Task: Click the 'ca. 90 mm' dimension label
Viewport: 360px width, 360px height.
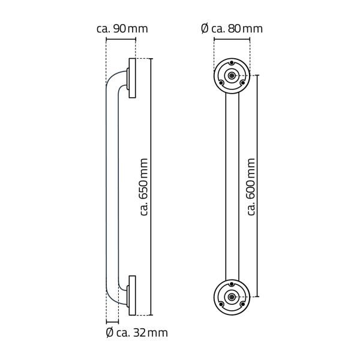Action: [122, 28]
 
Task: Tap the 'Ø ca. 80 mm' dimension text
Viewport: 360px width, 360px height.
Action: [232, 28]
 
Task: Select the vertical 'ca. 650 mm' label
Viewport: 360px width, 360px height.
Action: [144, 187]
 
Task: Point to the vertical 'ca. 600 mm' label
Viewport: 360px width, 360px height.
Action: [251, 187]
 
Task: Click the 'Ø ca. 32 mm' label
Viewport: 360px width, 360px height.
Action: [136, 332]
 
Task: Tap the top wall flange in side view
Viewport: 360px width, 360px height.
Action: [132, 78]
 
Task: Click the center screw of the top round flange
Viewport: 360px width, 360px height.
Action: [232, 76]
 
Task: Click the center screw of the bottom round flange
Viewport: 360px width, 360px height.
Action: [232, 296]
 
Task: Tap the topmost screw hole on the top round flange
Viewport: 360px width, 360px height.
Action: [232, 63]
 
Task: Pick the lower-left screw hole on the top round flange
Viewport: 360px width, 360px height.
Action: [220, 83]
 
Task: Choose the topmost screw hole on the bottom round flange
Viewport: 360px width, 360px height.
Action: [232, 283]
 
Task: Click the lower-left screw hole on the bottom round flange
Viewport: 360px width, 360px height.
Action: [220, 304]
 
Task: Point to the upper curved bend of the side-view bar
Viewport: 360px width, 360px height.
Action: [112, 81]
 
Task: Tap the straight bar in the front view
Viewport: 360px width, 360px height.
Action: [232, 187]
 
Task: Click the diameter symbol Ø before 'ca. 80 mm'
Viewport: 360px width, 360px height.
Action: [205, 28]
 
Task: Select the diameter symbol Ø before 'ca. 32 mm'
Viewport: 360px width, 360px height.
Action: [109, 332]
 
